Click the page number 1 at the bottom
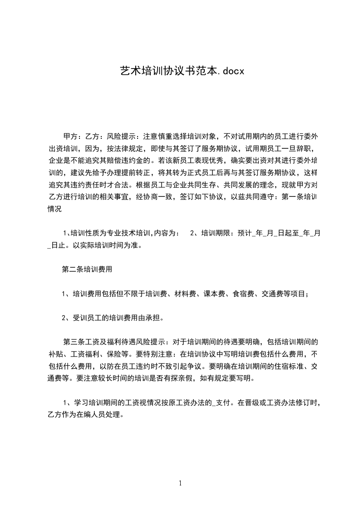[180, 484]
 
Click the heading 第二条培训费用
[87, 269]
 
